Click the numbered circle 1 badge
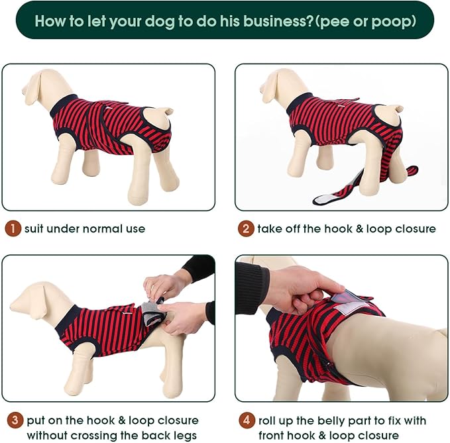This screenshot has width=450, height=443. (13, 229)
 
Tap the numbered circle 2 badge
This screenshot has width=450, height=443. (246, 229)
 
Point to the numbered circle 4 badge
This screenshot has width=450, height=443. (246, 420)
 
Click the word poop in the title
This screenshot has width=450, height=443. (392, 21)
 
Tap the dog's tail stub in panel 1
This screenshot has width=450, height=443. (166, 111)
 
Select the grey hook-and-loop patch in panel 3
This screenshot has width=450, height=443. (152, 311)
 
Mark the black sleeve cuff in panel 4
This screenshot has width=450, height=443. (253, 287)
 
